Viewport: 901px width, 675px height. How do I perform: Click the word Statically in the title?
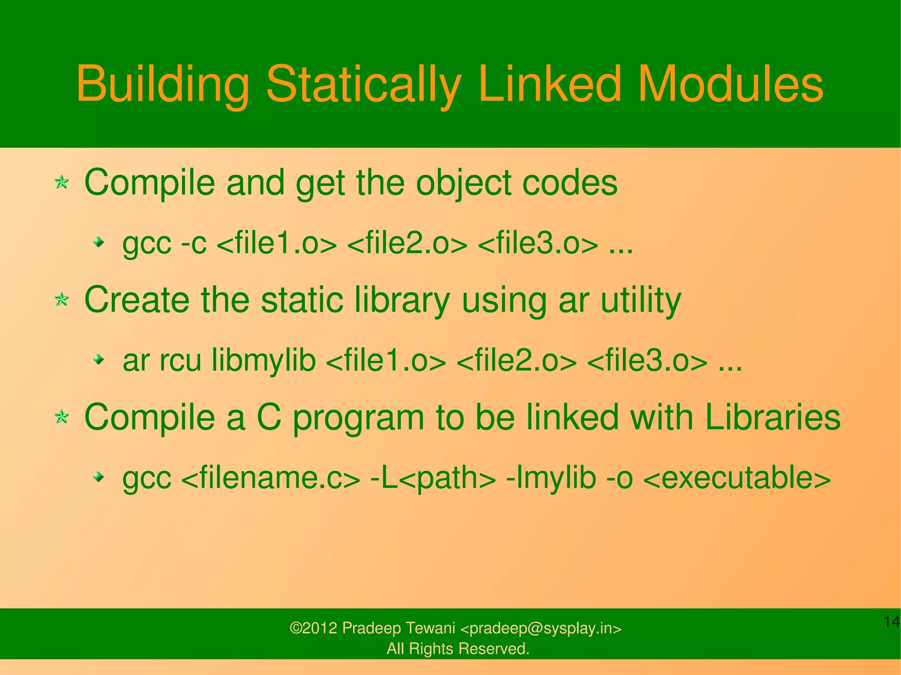[x=363, y=84]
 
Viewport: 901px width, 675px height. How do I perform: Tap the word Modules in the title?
[x=730, y=84]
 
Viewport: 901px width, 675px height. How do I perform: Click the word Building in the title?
[x=163, y=84]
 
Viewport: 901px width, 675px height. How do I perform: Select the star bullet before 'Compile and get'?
[x=62, y=182]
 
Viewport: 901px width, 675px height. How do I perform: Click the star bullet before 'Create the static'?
[x=62, y=300]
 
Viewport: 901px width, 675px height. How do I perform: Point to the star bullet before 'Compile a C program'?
[x=62, y=417]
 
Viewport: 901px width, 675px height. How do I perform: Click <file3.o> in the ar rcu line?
[x=647, y=361]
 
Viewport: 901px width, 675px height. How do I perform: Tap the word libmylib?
[x=264, y=361]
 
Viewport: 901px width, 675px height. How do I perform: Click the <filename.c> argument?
[x=270, y=478]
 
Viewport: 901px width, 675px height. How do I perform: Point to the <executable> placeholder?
[x=736, y=478]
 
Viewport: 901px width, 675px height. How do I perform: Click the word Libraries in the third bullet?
[x=772, y=417]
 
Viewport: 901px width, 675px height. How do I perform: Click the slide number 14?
[x=891, y=622]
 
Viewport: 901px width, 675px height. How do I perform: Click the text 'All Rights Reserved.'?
[x=458, y=649]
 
